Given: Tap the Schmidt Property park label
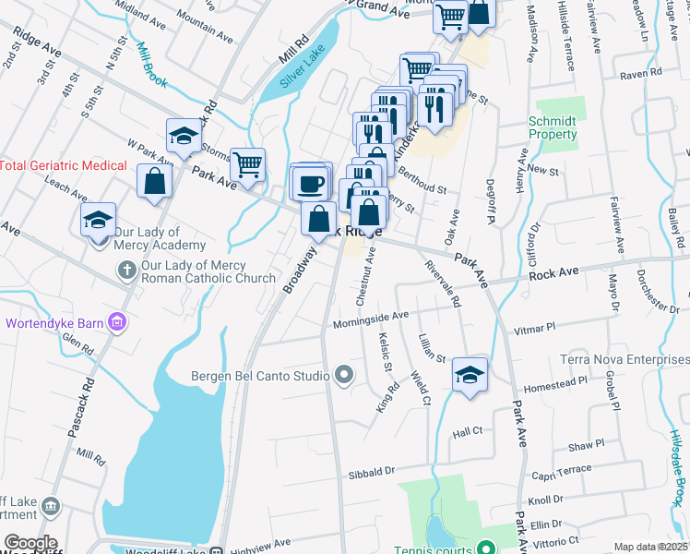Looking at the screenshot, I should coord(553,127).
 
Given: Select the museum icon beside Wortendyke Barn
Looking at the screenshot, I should coord(117,322).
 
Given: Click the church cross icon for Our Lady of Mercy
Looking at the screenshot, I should coord(127,270).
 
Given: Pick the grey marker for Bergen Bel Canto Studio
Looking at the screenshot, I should coord(344,375).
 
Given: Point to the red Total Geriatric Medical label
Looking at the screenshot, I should coord(63,165).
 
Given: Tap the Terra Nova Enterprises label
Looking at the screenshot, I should coord(625,358).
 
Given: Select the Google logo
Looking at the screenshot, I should coord(30,543).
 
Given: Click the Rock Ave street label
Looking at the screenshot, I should coord(553,274).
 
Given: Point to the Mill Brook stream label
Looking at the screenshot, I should coord(151,65).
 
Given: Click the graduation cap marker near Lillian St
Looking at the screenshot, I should coord(470,375).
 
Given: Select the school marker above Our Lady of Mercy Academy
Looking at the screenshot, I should coord(97,221).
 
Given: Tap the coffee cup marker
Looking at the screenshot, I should coord(310,183).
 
